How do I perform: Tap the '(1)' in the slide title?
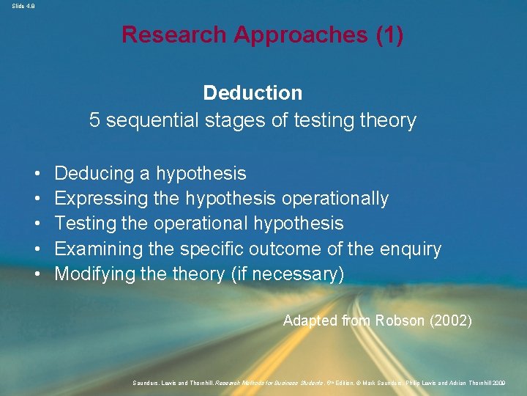coord(389,34)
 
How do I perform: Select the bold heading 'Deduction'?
coord(253,93)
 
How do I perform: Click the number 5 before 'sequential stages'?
coord(94,120)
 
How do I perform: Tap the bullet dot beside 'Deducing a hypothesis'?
coord(36,175)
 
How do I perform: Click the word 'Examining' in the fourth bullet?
coord(98,249)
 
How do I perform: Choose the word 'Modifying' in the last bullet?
coord(96,274)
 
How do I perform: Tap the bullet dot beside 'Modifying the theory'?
coord(36,275)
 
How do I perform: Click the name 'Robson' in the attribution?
coord(400,320)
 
